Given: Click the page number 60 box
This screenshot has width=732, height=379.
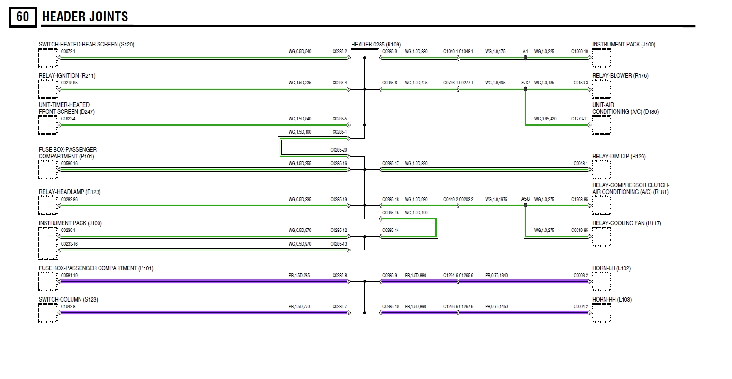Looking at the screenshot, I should tap(22, 17).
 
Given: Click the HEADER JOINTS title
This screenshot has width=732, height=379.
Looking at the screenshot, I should tap(85, 17).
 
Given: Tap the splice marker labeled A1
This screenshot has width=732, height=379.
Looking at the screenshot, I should tap(525, 51).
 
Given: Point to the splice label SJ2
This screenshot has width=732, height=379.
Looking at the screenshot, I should tap(525, 83).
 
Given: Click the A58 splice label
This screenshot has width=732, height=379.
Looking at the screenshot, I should tap(525, 199).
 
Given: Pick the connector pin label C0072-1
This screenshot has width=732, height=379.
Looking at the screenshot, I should tap(68, 51).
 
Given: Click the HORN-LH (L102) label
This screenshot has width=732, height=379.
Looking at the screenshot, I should tap(611, 268).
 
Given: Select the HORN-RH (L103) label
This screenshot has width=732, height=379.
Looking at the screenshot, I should tap(612, 300).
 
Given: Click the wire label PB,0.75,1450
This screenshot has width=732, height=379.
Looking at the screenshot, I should tap(496, 307).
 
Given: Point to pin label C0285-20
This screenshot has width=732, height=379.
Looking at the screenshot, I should tap(338, 150).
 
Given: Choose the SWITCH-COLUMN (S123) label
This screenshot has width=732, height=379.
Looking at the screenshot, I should tap(68, 300).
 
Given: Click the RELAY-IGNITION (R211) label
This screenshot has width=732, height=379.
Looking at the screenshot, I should tap(67, 76).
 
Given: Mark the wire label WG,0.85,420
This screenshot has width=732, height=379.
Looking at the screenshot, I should tap(545, 119).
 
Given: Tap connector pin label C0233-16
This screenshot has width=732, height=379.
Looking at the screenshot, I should tap(69, 244).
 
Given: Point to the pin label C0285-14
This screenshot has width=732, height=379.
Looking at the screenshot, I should tap(390, 231).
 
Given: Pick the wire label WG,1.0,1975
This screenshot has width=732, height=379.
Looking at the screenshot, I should tap(496, 199).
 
